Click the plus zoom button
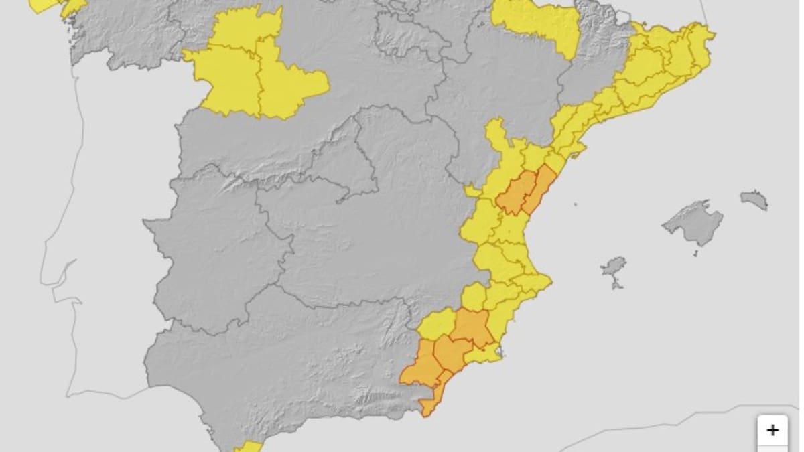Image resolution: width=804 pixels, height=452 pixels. pyautogui.click(x=773, y=429)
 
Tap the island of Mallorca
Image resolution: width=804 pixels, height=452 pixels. pyautogui.click(x=693, y=222)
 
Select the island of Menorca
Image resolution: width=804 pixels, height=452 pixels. pyautogui.click(x=755, y=199)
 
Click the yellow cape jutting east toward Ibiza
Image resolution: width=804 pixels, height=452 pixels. pyautogui.click(x=536, y=281)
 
